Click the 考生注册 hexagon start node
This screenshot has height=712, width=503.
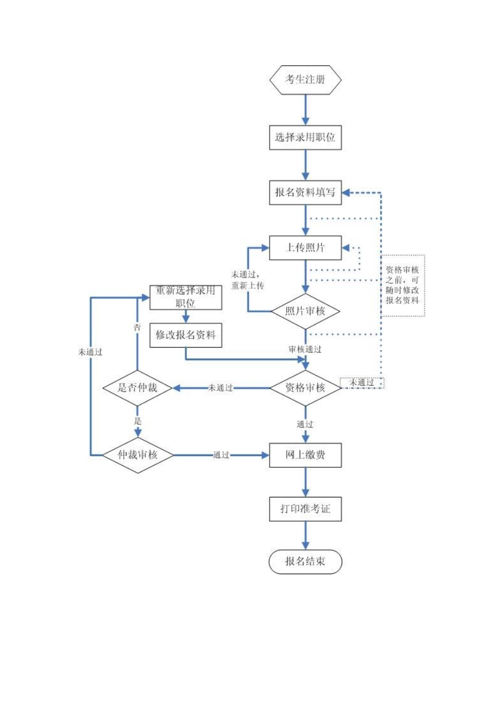305,80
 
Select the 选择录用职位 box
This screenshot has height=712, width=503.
305,137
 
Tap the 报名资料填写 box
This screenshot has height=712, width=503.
305,192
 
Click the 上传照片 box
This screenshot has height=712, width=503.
305,247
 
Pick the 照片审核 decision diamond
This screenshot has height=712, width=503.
305,311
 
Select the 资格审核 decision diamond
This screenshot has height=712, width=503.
305,388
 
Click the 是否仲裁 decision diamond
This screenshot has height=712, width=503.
138,388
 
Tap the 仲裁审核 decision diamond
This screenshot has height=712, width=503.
138,455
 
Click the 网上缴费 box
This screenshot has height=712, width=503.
305,455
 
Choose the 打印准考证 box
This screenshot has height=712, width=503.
305,509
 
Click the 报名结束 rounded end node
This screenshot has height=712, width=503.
305,562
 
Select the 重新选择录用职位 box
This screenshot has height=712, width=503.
186,297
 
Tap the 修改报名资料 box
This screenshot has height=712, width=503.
186,335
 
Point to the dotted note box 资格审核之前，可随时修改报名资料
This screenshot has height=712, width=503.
402,286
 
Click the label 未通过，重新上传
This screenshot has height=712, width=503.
247,280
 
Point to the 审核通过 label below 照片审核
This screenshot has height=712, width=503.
305,350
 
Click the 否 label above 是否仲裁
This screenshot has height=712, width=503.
137,328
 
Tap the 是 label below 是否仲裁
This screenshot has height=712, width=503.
138,422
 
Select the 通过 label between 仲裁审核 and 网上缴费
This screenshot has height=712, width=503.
221,455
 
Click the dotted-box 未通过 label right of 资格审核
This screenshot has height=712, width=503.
362,382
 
